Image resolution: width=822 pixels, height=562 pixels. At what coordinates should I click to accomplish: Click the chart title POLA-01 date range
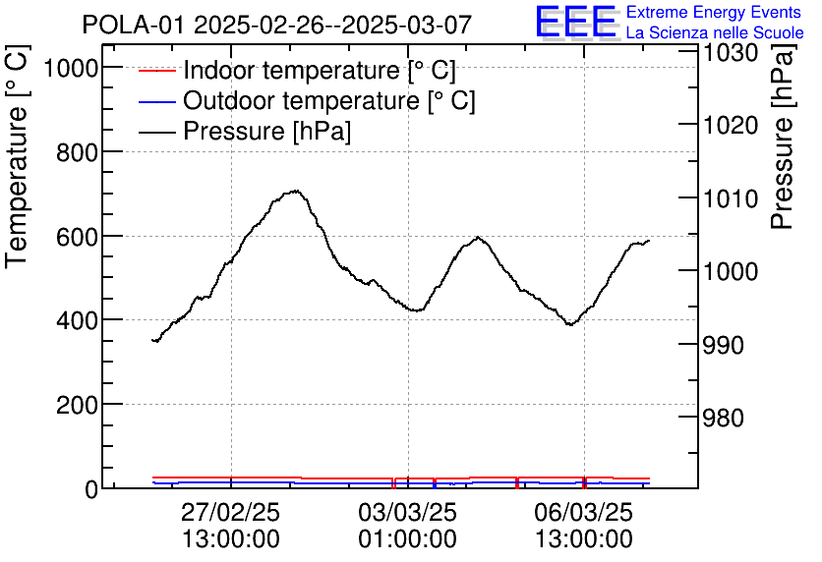pyautogui.click(x=276, y=24)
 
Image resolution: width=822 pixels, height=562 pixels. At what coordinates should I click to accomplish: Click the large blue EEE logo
pyautogui.click(x=576, y=22)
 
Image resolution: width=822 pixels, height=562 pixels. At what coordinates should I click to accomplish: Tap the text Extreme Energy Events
pyautogui.click(x=714, y=13)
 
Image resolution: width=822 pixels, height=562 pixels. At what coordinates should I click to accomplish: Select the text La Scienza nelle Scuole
pyautogui.click(x=714, y=32)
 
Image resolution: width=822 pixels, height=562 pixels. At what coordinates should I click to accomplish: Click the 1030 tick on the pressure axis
pyautogui.click(x=730, y=51)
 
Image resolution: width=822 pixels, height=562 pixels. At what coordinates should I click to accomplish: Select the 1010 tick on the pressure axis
pyautogui.click(x=730, y=198)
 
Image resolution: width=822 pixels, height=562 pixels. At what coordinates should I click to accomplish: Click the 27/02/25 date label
pyautogui.click(x=231, y=513)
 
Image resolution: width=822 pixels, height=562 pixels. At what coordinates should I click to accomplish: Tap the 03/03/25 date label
pyautogui.click(x=408, y=513)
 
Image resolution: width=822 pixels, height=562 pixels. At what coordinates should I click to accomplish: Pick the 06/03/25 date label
pyautogui.click(x=584, y=513)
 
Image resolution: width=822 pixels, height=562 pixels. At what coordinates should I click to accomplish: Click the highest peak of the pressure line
pyautogui.click(x=294, y=191)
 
